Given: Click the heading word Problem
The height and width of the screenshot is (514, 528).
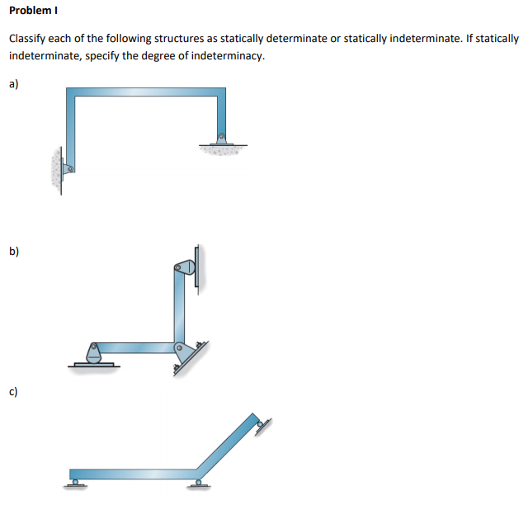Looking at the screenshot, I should click(x=30, y=12).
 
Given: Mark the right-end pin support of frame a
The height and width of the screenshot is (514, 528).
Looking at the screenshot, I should click(x=221, y=139).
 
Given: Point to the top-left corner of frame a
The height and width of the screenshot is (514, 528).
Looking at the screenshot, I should click(x=70, y=92).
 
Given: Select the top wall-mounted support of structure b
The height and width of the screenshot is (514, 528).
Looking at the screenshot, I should click(x=185, y=268).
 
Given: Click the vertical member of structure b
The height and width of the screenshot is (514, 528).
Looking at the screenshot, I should click(x=179, y=309).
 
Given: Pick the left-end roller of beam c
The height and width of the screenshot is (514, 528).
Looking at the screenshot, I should click(x=75, y=481).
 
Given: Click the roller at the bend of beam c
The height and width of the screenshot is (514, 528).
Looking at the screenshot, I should click(x=198, y=482).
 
